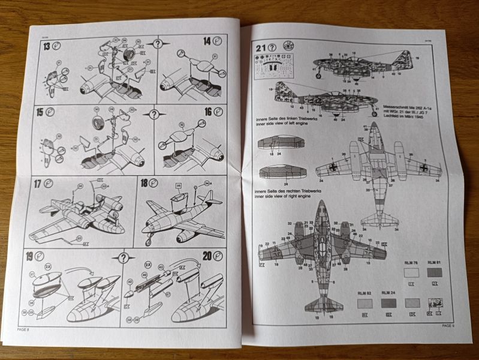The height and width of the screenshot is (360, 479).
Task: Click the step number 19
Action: pos(29,260)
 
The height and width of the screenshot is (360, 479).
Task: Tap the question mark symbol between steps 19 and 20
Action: pos(124,258)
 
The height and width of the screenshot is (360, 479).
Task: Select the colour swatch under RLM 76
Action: pos(411,272)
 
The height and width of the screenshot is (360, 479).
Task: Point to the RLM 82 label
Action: pos(363,293)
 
